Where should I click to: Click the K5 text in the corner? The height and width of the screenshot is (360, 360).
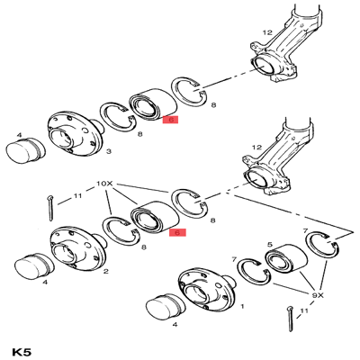click(24, 346)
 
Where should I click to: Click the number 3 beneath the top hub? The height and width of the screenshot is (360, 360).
click(109, 152)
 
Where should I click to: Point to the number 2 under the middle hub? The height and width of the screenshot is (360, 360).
click(106, 270)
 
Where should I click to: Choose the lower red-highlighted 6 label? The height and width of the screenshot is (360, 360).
click(178, 231)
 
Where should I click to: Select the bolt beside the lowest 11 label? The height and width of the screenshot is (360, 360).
click(287, 319)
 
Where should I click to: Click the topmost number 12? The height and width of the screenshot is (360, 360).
click(266, 33)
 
